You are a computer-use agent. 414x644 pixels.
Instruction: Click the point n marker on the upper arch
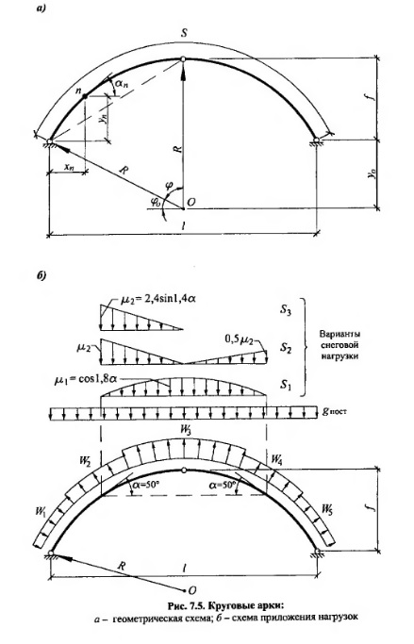85,96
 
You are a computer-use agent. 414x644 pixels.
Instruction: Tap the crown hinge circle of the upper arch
183,59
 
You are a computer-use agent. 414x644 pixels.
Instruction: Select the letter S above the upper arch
184,33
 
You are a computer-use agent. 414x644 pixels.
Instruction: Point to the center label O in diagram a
190,202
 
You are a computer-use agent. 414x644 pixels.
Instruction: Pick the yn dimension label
105,118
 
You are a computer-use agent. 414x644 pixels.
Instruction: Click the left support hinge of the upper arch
50,141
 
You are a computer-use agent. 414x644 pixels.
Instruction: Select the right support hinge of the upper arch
316,140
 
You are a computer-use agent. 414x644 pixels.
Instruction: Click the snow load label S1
286,385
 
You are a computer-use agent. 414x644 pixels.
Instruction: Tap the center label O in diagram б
191,590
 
